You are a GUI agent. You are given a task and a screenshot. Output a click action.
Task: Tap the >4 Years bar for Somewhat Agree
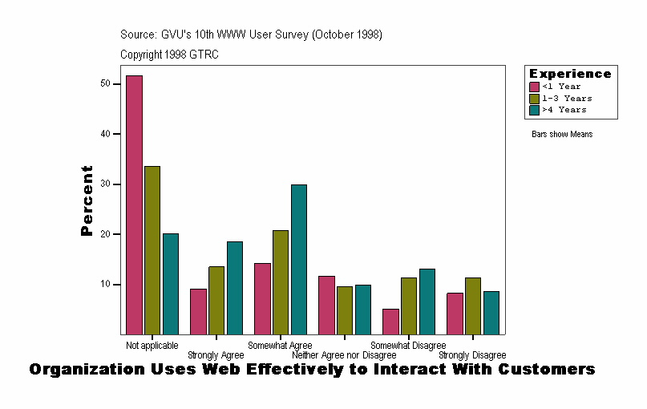click(299, 259)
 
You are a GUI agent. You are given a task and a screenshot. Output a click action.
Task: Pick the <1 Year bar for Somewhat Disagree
click(390, 322)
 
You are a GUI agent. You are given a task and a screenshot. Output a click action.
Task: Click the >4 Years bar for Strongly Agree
click(235, 288)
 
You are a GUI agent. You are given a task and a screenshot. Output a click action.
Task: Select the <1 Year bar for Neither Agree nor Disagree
click(326, 305)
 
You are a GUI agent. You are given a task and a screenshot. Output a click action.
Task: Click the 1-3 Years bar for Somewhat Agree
click(281, 282)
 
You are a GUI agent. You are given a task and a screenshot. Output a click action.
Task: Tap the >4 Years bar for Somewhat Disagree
click(427, 302)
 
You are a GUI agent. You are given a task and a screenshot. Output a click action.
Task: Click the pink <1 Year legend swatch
click(535, 87)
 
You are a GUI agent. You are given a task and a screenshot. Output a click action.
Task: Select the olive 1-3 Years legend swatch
click(535, 98)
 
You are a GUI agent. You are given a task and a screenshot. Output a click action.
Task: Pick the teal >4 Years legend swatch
click(535, 110)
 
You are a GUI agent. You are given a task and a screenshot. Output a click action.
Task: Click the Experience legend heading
click(570, 74)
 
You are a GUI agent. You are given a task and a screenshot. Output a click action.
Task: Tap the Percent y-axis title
click(87, 200)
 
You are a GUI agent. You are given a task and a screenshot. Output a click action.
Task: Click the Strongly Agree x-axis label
click(216, 355)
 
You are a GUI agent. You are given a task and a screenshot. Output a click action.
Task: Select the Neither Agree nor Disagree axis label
click(344, 355)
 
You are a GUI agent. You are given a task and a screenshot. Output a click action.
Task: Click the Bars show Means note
click(562, 135)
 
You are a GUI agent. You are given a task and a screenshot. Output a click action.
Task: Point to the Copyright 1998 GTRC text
click(169, 55)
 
